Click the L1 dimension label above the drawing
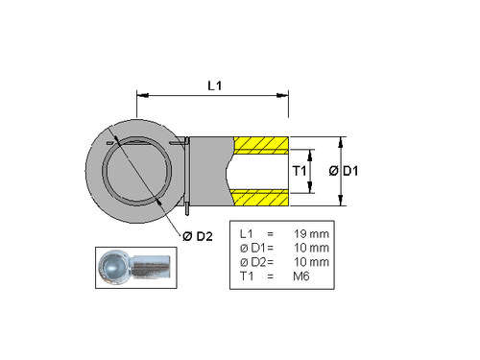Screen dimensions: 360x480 pos(215,85)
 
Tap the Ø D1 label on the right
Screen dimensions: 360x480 pos(344,171)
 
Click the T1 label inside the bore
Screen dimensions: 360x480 pos(299,171)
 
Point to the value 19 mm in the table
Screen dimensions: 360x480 pos(310,234)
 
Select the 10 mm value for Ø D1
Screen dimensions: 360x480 pos(310,248)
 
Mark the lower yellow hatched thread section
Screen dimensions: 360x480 pos(260,197)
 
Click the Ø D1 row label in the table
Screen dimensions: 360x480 pos(247,248)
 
